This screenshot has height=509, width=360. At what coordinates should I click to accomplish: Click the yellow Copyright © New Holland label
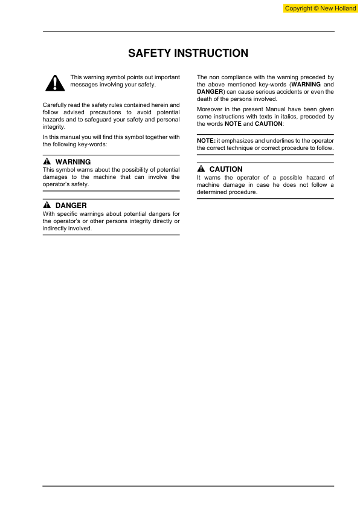320,8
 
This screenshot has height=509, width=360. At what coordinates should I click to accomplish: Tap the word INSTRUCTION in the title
210,54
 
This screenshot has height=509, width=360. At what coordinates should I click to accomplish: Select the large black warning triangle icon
54,83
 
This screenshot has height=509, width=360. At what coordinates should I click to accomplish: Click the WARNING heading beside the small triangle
72,162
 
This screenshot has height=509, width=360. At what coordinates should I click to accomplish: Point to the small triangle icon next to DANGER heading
47,206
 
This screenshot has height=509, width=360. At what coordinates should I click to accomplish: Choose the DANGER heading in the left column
71,206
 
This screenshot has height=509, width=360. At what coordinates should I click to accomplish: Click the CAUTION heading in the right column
226,169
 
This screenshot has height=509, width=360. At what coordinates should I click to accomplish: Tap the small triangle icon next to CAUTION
201,169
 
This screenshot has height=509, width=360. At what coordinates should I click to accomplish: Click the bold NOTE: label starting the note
206,140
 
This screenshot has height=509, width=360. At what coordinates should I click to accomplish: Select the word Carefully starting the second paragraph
56,105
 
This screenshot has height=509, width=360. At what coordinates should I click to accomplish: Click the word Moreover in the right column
210,109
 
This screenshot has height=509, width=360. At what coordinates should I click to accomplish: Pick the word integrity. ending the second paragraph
54,127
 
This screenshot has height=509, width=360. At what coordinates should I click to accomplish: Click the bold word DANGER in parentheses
210,92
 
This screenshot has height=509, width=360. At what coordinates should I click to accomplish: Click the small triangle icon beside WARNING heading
47,162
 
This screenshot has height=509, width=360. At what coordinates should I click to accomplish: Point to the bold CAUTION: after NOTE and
269,123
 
